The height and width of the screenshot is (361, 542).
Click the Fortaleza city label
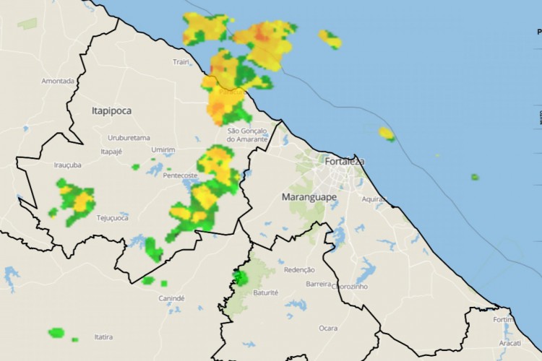tap(343, 161)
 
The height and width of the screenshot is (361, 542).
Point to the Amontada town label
tap(58, 81)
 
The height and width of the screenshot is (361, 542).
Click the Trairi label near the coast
tap(181, 62)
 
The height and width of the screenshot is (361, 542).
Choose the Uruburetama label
tap(129, 137)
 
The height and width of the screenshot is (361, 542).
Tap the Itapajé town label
tap(111, 152)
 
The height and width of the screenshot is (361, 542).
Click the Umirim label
tap(163, 149)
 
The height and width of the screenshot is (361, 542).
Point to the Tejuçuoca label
tap(112, 217)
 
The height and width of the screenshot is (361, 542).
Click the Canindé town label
tap(171, 298)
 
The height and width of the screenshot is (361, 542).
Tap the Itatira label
tap(103, 337)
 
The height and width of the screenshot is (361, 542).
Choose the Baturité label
tap(267, 292)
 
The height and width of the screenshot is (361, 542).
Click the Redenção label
tap(300, 269)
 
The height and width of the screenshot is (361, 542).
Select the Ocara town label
tap(328, 328)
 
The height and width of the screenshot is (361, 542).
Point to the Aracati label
tap(510, 343)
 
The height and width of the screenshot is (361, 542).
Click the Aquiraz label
tap(374, 199)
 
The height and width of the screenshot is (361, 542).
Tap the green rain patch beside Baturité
tap(241, 277)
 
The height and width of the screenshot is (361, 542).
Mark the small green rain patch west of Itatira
tap(56, 333)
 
